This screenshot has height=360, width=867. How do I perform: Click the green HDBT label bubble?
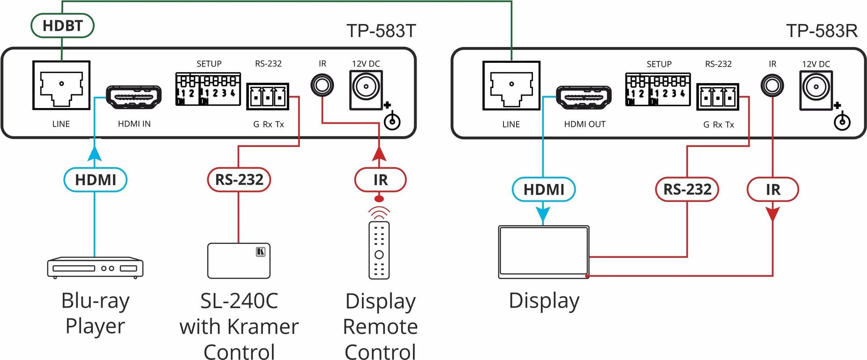[x=62, y=26]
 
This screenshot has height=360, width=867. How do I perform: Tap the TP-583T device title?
[x=381, y=31]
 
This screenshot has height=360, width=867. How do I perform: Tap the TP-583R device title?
[x=821, y=31]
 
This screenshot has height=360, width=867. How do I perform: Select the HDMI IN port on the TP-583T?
[x=134, y=97]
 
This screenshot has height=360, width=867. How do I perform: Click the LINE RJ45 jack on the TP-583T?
[x=61, y=85]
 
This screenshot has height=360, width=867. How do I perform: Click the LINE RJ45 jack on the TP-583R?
[x=511, y=86]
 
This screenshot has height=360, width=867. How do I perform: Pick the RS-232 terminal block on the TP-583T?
[x=268, y=96]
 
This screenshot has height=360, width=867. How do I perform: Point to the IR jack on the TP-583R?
[x=772, y=85]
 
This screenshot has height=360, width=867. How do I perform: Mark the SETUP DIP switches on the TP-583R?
[x=657, y=89]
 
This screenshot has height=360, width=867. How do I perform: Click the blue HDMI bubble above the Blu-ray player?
[x=95, y=180]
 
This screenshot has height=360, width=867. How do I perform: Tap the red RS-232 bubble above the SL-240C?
[x=239, y=180]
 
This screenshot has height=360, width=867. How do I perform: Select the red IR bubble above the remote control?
[x=380, y=180]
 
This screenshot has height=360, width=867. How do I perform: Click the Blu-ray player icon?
[x=95, y=267]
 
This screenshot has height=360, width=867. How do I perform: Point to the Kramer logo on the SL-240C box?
[x=261, y=252]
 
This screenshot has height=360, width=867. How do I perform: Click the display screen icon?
[x=544, y=252]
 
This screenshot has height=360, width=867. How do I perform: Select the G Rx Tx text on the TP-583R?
[x=718, y=125]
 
